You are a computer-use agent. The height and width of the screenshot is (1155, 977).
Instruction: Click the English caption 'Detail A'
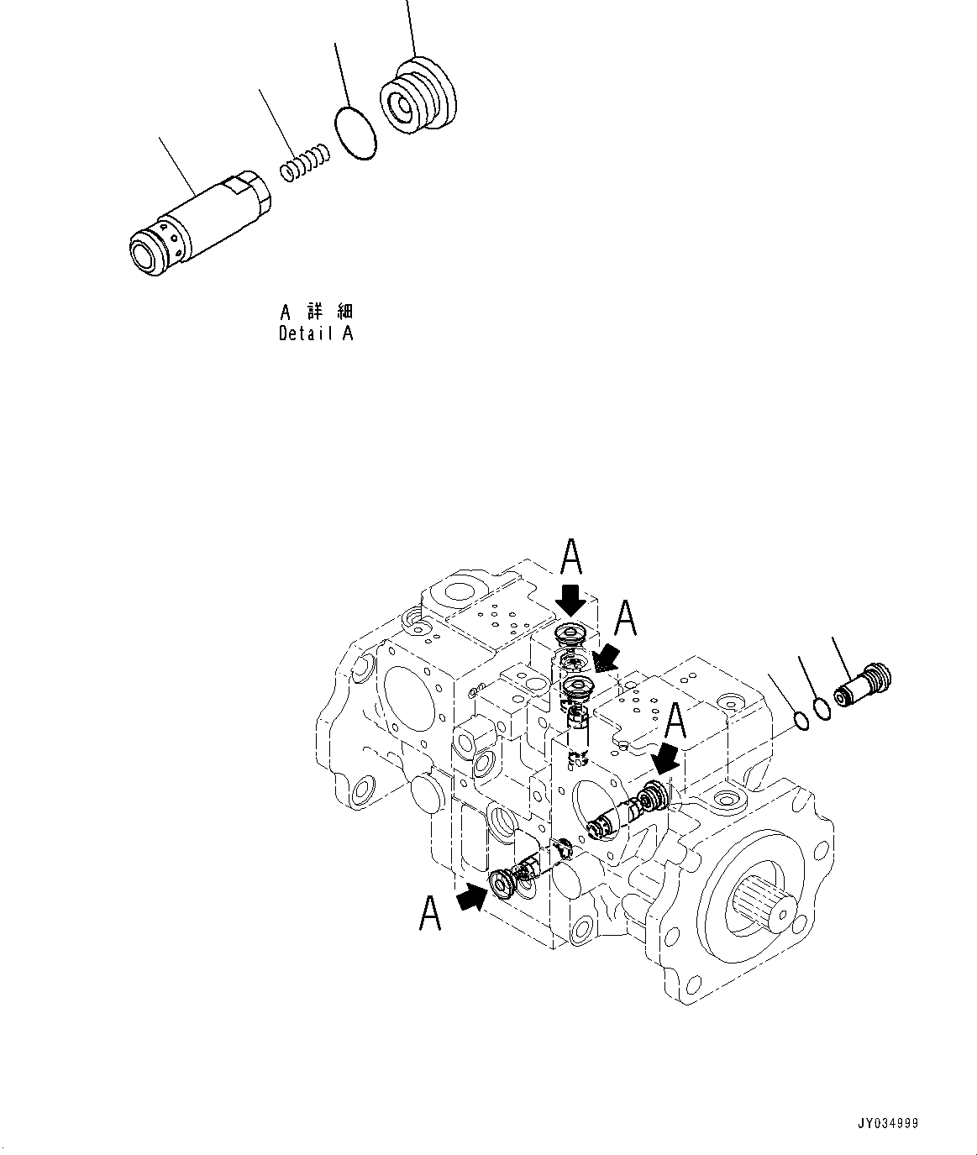[x=316, y=333]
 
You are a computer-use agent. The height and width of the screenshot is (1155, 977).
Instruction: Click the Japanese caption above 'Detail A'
[x=316, y=312]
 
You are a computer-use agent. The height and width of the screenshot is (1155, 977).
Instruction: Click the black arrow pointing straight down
[x=572, y=598]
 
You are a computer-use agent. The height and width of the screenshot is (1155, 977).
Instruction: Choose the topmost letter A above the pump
[x=571, y=556]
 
